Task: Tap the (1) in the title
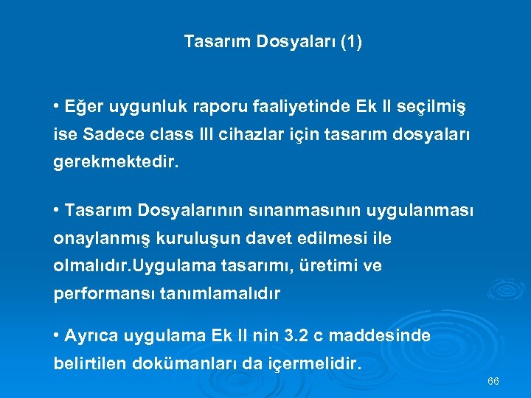click(351, 43)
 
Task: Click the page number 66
click(493, 381)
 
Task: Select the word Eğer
click(83, 108)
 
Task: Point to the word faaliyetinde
click(265, 108)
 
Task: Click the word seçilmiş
click(434, 108)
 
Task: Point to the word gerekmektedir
click(116, 162)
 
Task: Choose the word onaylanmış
click(99, 239)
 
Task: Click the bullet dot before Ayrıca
click(57, 336)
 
